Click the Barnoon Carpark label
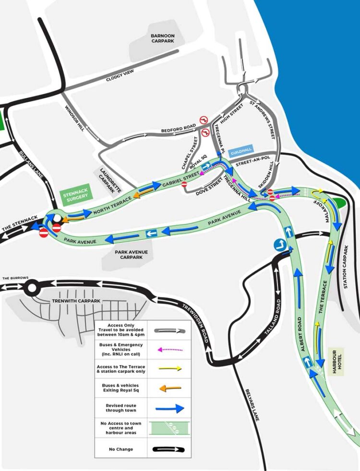click(162, 39)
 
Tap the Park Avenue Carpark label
click(131, 254)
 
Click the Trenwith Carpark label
click(71, 301)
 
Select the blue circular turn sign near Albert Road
click(280, 246)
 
